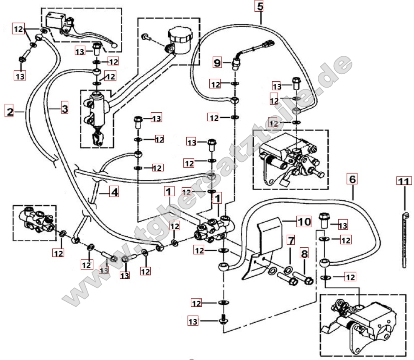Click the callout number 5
[x=260, y=7]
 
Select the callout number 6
[x=352, y=179]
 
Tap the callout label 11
[x=404, y=181]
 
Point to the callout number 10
[x=304, y=221]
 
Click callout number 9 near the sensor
[x=217, y=63]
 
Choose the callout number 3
[x=64, y=109]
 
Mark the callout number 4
[x=114, y=192]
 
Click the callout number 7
[x=291, y=241]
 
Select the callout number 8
[x=304, y=254]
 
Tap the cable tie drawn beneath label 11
[x=405, y=239]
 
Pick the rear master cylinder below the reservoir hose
[x=98, y=113]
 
